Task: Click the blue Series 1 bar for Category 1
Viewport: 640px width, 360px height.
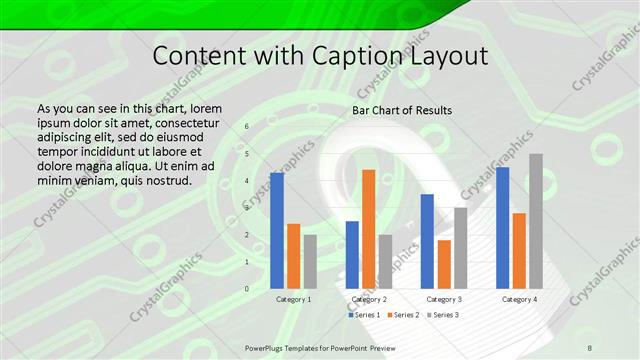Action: (x=277, y=231)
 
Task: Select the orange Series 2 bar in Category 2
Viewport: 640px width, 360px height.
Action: (x=368, y=229)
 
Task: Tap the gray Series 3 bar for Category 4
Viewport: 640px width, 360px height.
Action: (x=536, y=221)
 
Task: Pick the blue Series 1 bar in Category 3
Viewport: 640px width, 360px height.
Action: (x=427, y=241)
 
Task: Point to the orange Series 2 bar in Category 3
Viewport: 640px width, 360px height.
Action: (x=444, y=264)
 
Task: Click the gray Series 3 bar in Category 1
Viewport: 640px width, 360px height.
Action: (x=310, y=262)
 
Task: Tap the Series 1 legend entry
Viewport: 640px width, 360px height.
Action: (x=363, y=315)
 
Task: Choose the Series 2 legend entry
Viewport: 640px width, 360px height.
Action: (x=402, y=315)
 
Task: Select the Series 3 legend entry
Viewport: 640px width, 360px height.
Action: (x=442, y=315)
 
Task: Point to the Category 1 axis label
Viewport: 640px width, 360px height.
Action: (x=293, y=299)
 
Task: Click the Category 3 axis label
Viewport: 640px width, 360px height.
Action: (x=444, y=299)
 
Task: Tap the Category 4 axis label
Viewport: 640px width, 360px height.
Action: (x=519, y=299)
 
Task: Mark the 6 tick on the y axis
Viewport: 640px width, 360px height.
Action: (x=248, y=126)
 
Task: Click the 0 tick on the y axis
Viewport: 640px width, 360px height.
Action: (x=248, y=289)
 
